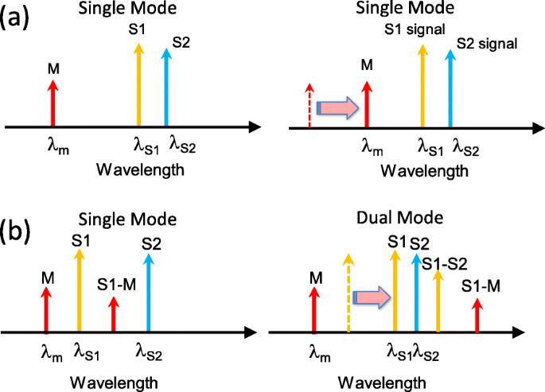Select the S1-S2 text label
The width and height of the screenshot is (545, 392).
click(444, 262)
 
